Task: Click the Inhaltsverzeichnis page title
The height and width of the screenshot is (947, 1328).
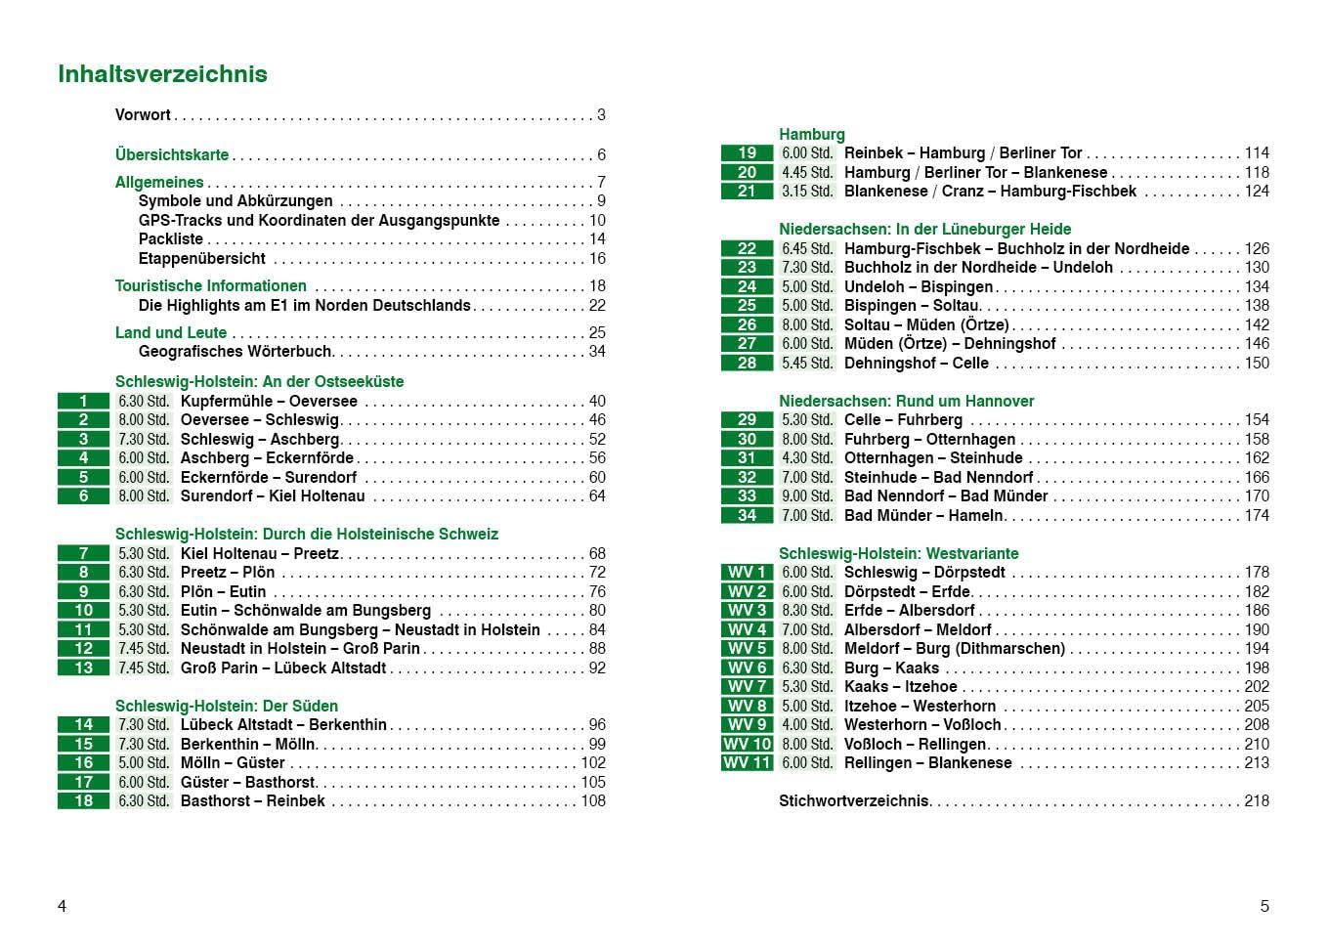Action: (162, 74)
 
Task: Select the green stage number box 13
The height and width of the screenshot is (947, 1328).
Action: (84, 668)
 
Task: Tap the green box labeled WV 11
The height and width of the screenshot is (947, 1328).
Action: (748, 763)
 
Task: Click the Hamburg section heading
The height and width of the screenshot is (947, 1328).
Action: (811, 134)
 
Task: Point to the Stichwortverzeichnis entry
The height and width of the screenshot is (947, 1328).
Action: (853, 801)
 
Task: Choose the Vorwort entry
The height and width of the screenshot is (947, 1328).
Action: (143, 115)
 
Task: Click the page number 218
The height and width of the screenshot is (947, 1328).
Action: (1256, 801)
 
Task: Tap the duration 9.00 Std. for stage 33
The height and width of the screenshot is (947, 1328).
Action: (807, 496)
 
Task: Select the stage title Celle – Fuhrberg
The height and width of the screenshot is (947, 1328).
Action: (903, 420)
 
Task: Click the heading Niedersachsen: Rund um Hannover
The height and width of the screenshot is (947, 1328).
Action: (906, 401)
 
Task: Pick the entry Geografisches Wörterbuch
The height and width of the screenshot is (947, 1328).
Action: (236, 352)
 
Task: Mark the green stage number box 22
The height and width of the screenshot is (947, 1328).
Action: (748, 249)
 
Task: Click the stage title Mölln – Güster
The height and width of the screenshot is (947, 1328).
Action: (233, 763)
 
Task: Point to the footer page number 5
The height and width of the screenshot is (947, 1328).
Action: (1264, 906)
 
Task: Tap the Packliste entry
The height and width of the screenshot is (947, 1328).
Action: (171, 239)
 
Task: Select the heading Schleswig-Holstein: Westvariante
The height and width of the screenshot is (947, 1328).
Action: (898, 553)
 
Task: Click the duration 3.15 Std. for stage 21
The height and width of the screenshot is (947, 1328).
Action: (807, 192)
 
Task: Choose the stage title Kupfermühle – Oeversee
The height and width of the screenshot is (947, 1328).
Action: (269, 402)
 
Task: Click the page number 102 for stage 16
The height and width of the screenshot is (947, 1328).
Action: (593, 763)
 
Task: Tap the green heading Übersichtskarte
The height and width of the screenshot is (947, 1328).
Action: (172, 154)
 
